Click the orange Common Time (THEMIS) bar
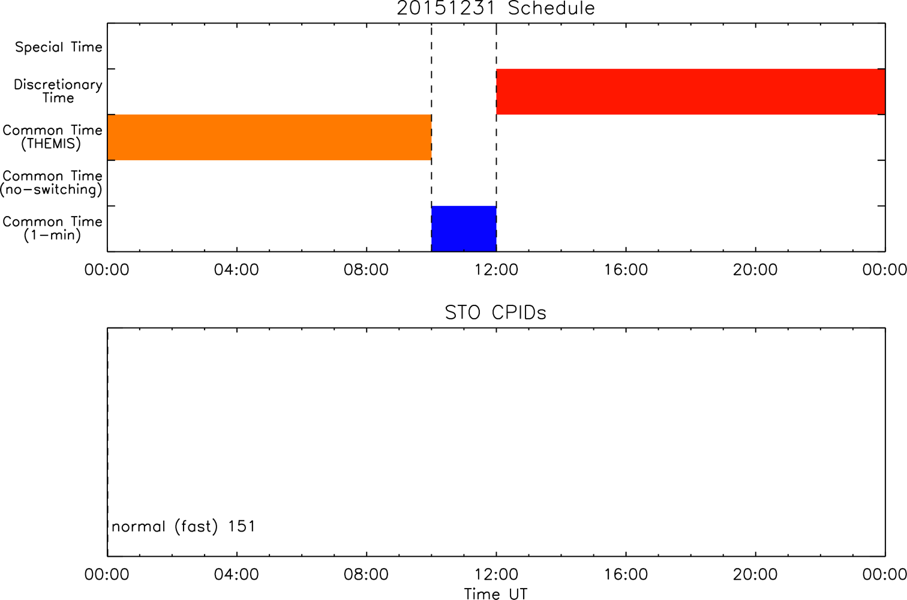(x=269, y=137)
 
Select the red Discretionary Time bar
(x=691, y=92)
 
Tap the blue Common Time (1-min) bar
(x=464, y=229)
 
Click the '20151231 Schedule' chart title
(x=495, y=8)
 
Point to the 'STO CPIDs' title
(x=495, y=313)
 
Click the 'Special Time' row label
(x=59, y=47)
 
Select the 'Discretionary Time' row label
(x=58, y=91)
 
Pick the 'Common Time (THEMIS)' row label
(x=52, y=137)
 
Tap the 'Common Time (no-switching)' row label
(x=51, y=183)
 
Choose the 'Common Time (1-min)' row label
(x=52, y=229)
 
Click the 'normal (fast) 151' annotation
(x=184, y=526)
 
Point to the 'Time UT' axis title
(x=495, y=593)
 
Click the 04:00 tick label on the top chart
(x=236, y=270)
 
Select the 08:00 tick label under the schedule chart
(x=366, y=270)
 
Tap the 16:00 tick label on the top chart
(x=626, y=270)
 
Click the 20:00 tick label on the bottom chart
(x=755, y=574)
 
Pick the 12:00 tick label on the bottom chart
(x=497, y=574)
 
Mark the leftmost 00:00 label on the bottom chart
(x=107, y=574)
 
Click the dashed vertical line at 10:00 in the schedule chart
(x=431, y=137)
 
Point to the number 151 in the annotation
(x=242, y=526)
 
